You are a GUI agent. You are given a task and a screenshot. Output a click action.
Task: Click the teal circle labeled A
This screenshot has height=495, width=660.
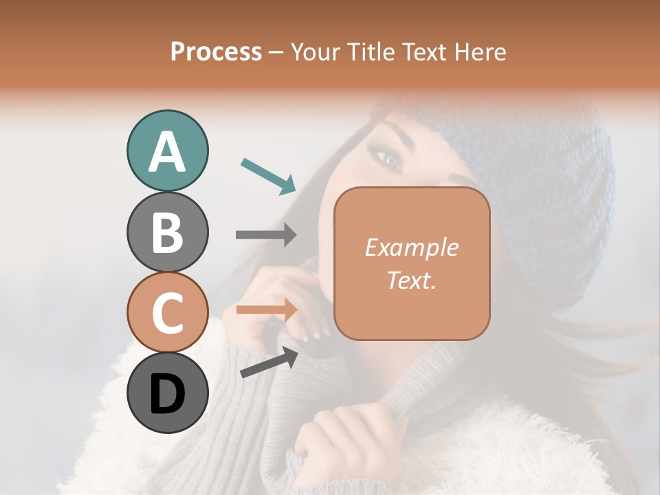pyautogui.click(x=167, y=151)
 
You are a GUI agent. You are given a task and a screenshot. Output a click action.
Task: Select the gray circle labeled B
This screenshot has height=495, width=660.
pyautogui.click(x=167, y=232)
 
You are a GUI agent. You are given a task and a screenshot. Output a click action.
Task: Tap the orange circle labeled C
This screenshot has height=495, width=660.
pyautogui.click(x=167, y=312)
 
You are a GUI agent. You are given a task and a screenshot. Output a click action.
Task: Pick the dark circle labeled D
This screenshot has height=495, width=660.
pyautogui.click(x=167, y=393)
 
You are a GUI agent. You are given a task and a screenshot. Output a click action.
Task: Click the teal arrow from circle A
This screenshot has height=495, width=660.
pyautogui.click(x=268, y=176)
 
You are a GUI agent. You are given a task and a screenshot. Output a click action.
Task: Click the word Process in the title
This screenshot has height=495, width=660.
pyautogui.click(x=216, y=52)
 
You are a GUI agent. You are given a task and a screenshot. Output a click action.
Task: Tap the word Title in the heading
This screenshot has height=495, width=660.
pyautogui.click(x=372, y=52)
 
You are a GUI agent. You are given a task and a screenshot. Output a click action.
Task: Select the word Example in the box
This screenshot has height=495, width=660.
pyautogui.click(x=411, y=247)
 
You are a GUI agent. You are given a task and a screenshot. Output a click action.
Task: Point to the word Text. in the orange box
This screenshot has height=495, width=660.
pyautogui.click(x=411, y=280)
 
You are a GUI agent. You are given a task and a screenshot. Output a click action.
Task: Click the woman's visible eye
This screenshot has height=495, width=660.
pyautogui.click(x=389, y=159)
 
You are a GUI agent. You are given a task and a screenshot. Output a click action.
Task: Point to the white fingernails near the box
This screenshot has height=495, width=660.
pyautogui.click(x=313, y=336)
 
